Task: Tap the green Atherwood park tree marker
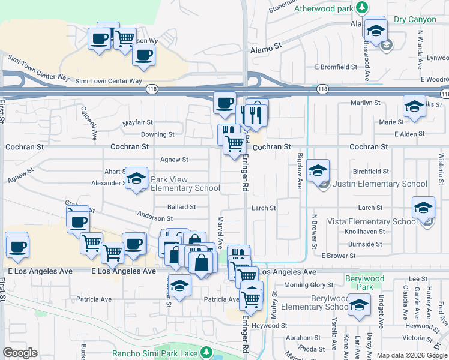(x=361, y=7)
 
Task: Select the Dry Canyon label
(x=415, y=19)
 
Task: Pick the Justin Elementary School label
(x=379, y=184)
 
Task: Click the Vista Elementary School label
(x=372, y=221)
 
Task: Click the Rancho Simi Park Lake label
(x=155, y=353)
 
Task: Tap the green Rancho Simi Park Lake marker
(x=206, y=351)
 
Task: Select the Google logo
(x=20, y=353)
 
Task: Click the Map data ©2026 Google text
(x=412, y=355)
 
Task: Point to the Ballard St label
(x=182, y=207)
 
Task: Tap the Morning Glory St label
(x=309, y=284)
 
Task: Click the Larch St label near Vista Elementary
(x=370, y=208)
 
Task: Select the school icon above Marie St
(x=414, y=106)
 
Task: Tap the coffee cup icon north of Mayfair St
(x=225, y=103)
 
